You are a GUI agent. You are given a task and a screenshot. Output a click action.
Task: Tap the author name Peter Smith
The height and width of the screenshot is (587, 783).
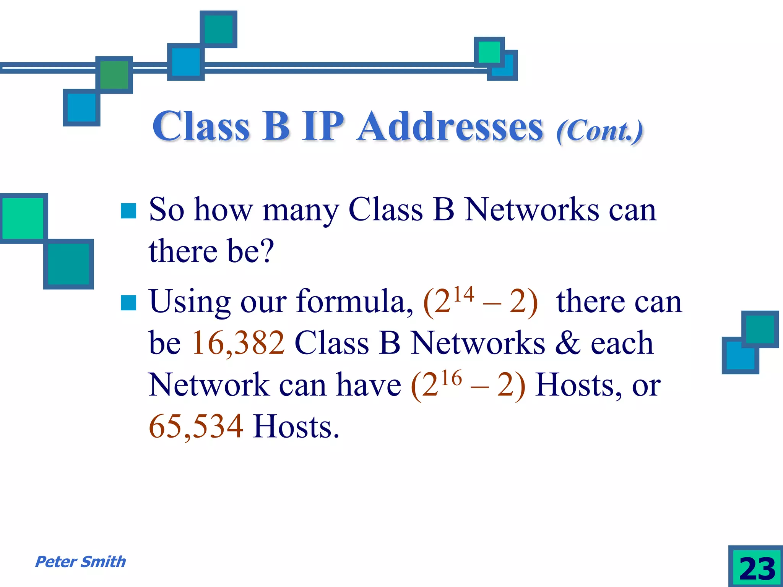click(x=80, y=562)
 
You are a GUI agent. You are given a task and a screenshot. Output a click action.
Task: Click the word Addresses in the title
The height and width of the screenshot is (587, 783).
click(x=450, y=127)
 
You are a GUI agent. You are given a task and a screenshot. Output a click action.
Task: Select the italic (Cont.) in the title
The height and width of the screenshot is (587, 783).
click(x=599, y=131)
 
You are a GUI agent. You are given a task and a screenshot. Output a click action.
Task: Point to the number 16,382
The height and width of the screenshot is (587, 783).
click(x=238, y=343)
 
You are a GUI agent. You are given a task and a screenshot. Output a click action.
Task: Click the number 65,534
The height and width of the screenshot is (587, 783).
click(x=196, y=426)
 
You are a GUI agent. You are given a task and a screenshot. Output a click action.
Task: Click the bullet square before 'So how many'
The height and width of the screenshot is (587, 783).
click(x=128, y=211)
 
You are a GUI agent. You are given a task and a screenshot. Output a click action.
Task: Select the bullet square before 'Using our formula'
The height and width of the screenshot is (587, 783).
click(x=128, y=303)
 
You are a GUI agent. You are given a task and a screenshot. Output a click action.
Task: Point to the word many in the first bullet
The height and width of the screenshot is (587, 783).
click(x=301, y=211)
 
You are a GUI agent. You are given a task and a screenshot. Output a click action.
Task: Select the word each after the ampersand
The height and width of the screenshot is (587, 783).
click(x=622, y=343)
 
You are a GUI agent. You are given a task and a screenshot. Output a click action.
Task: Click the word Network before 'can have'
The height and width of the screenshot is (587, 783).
click(x=209, y=384)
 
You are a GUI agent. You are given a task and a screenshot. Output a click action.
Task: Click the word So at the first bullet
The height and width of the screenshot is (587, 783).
click(x=166, y=210)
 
